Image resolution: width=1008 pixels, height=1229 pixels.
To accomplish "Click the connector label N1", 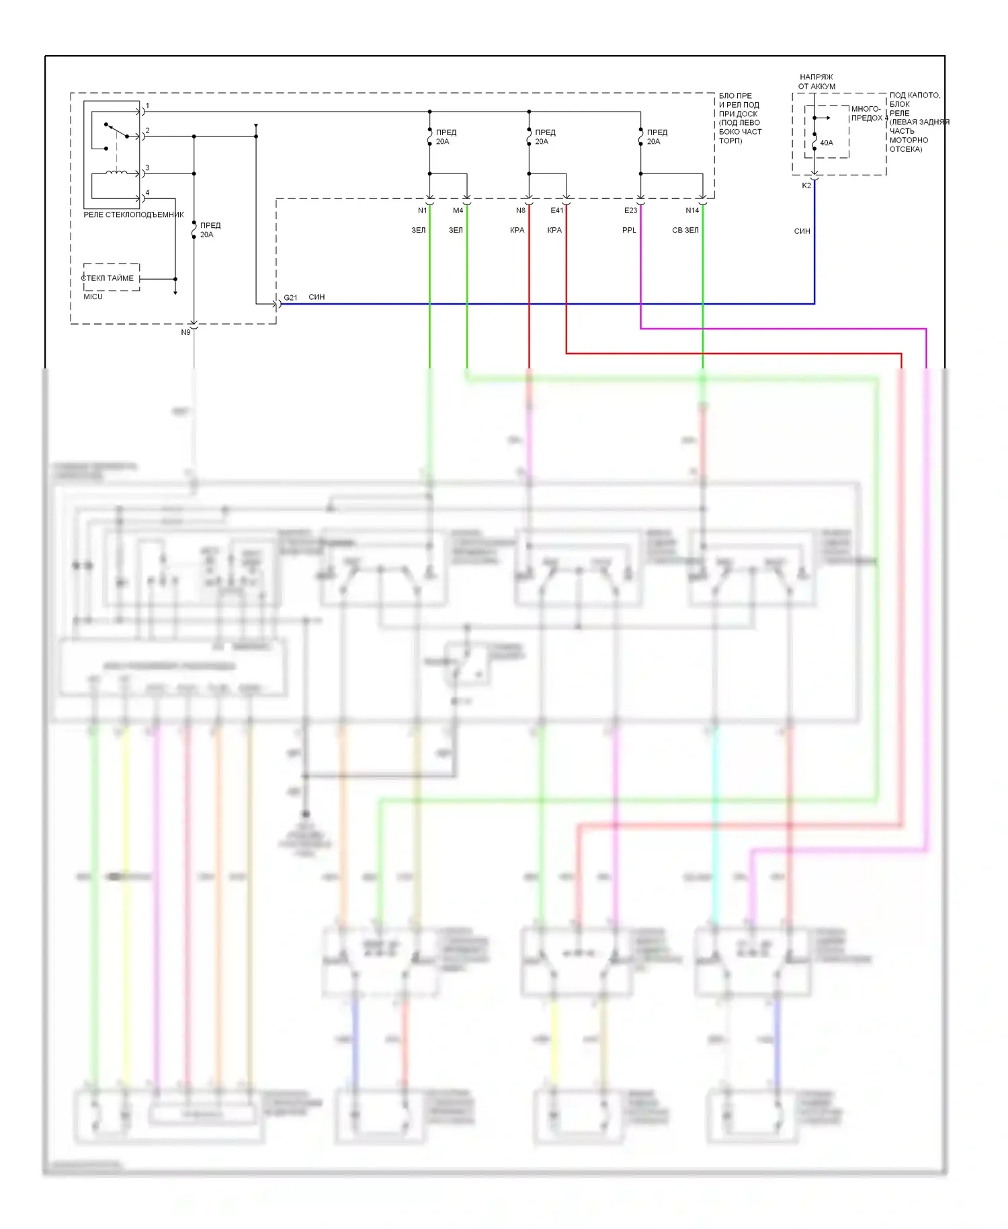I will pos(422,210).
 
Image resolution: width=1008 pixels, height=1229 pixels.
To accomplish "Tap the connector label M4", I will pos(458,210).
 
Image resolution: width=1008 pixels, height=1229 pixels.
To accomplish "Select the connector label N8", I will pos(521,210).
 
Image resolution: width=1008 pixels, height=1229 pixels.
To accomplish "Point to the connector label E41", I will pos(557,210).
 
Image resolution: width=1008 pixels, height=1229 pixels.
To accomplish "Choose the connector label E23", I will pos(630,210).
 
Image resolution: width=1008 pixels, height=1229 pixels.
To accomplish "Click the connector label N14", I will pos(692,210).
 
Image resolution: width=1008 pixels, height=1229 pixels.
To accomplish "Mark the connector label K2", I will pos(806,186).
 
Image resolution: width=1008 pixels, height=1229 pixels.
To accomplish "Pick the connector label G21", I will pos(290,297).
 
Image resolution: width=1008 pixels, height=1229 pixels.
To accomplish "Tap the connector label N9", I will pos(185,332).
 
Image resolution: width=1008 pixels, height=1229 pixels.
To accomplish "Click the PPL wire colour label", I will pos(629,230).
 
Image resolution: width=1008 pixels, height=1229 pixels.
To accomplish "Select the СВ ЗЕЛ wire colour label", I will pos(685,230).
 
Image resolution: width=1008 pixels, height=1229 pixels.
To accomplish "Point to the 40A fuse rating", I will pos(827,143).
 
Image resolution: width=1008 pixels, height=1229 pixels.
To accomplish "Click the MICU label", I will pos(93,296).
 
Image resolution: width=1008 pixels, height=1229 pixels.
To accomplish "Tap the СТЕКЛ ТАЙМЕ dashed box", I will pos(111,278).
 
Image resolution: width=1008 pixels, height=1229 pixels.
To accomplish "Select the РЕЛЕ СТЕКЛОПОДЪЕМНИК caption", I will pos(134,214).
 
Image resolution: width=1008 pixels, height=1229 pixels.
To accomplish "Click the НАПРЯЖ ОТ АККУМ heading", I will pos(816,81).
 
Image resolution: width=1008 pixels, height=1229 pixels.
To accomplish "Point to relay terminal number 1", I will pos(148,106).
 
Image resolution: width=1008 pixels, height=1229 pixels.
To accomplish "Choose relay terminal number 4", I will pos(148,193).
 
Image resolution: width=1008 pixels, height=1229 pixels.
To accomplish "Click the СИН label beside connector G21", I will pos(317,297).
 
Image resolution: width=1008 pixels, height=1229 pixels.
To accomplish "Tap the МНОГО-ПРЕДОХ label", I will pos(866,113).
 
